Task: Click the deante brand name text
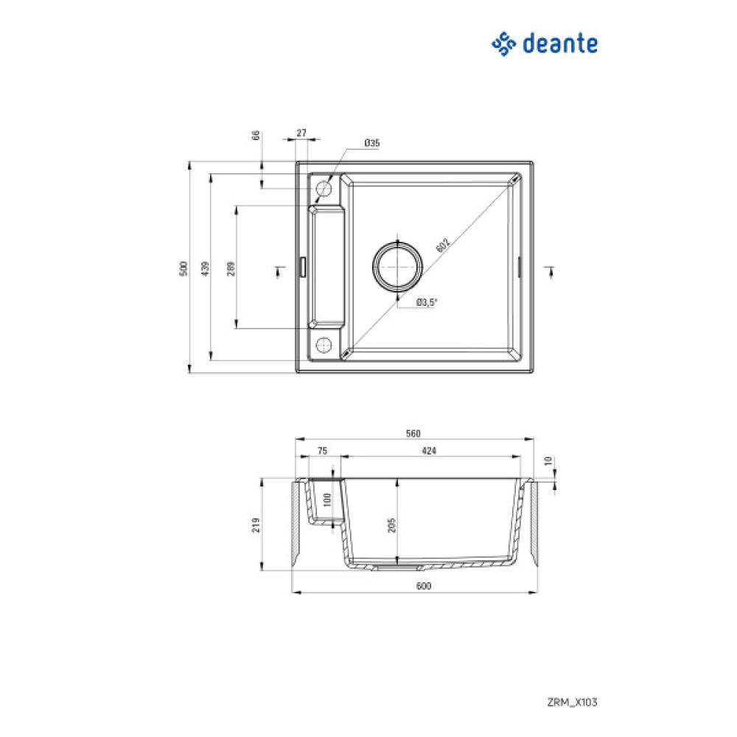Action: pyautogui.click(x=559, y=44)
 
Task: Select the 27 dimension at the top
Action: pyautogui.click(x=301, y=133)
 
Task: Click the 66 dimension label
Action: pyautogui.click(x=256, y=136)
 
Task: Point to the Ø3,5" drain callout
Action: pyautogui.click(x=427, y=302)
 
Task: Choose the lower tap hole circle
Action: pyautogui.click(x=323, y=344)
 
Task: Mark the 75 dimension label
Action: pyautogui.click(x=322, y=451)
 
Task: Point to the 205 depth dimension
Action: pyautogui.click(x=392, y=524)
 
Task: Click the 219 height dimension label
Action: pyautogui.click(x=256, y=524)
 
